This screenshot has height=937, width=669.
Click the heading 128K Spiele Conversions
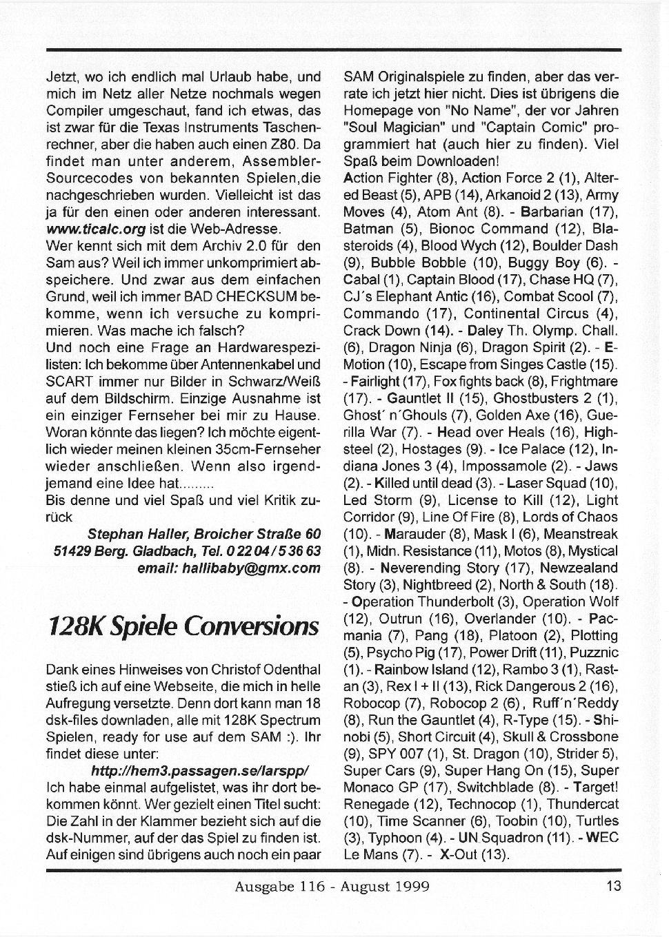tap(183, 626)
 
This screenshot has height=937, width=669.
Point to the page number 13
tap(614, 886)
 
